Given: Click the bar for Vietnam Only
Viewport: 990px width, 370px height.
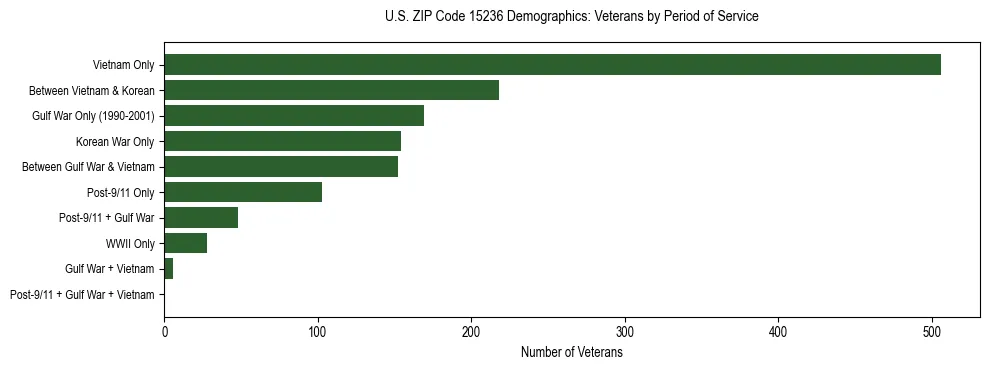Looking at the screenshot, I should pos(552,65).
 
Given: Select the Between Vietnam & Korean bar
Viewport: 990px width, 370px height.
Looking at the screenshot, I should pos(331,90).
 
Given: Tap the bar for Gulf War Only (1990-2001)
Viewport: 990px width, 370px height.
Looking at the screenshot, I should pos(294,116).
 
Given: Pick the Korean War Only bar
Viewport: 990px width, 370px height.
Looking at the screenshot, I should pos(282,141).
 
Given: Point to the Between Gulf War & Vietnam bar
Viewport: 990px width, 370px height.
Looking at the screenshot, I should pos(281,167).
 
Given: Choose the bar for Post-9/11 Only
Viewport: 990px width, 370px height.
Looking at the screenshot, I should pos(243,192).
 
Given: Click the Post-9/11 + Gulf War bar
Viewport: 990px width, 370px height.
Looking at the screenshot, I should pos(201,218).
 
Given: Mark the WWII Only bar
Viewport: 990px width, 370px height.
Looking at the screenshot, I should pos(186,243).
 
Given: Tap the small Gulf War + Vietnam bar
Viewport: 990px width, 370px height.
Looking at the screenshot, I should pos(169,269).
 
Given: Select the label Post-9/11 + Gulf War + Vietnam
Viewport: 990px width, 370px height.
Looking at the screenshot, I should pos(82,295).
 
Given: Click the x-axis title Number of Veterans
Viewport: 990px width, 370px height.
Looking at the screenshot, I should pos(571,352).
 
